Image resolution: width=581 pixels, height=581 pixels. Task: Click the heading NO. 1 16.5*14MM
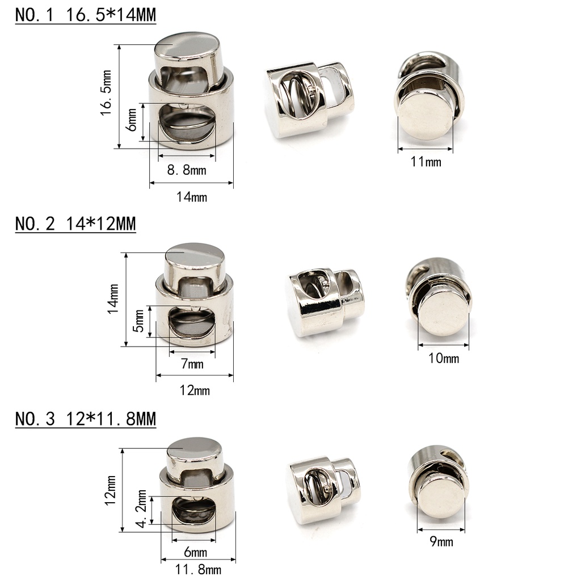(86, 15)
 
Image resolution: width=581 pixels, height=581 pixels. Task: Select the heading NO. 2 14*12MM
(75, 224)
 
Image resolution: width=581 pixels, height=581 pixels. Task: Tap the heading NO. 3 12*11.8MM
(86, 419)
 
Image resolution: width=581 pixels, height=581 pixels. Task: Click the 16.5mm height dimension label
(106, 93)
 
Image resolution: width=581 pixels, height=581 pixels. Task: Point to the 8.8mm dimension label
(186, 170)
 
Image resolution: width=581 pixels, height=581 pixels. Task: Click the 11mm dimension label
(426, 162)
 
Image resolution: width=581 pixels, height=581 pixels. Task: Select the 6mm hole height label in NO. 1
(131, 120)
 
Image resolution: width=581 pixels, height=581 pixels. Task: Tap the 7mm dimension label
(192, 364)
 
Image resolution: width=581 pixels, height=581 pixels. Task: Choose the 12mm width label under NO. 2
(195, 390)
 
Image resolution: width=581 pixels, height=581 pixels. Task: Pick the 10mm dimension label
(444, 359)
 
